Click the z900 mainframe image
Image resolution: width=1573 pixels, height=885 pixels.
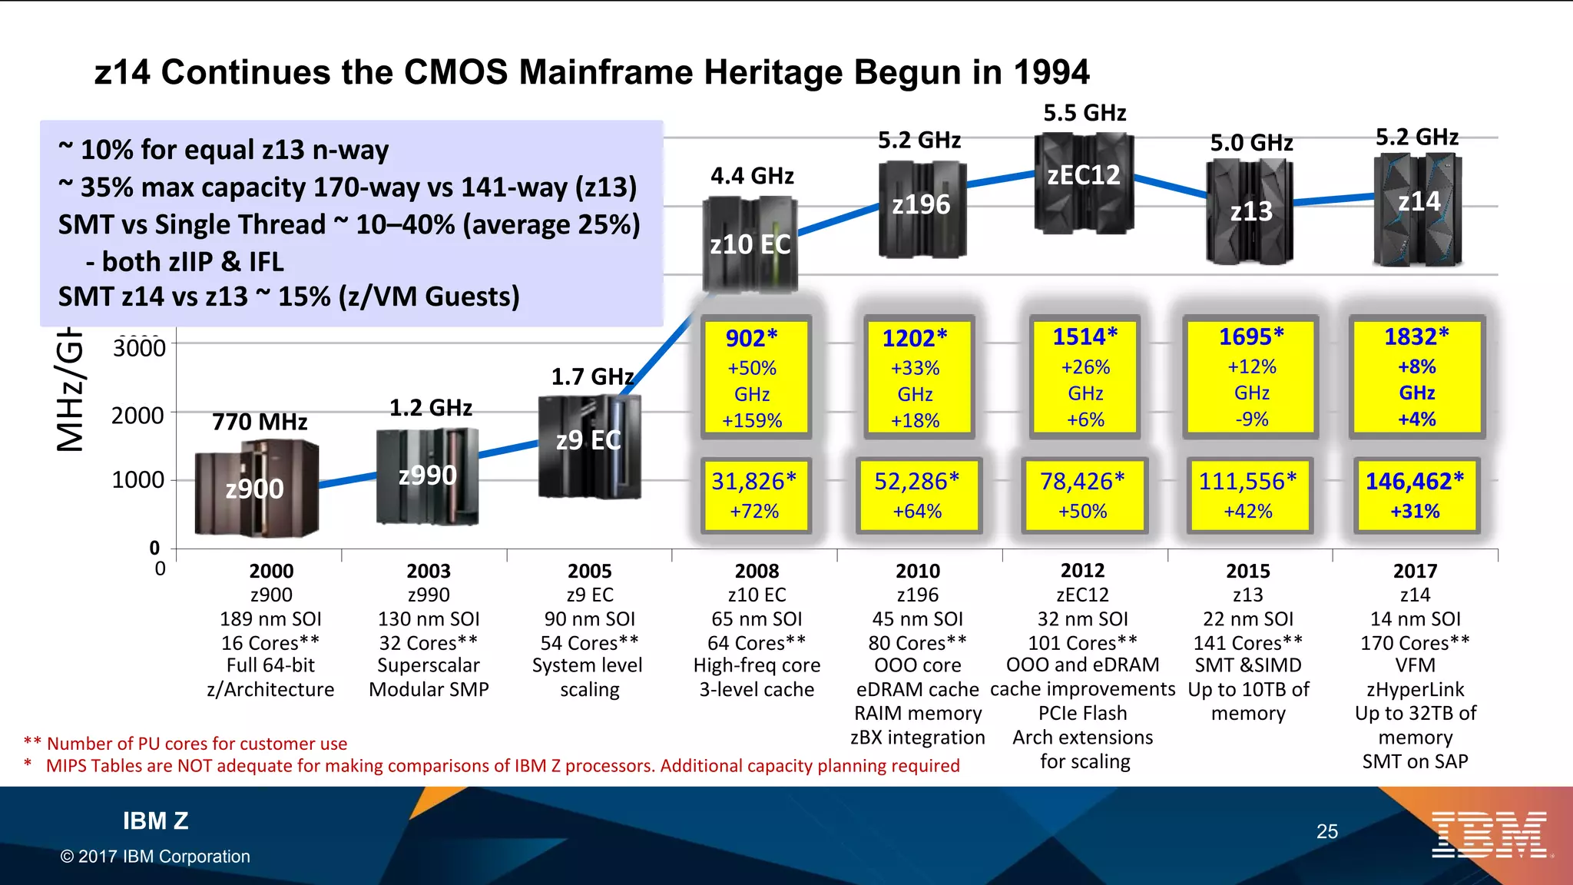coord(257,489)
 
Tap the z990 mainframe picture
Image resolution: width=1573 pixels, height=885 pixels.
coord(428,476)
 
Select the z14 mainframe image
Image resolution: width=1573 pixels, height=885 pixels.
coord(1418,209)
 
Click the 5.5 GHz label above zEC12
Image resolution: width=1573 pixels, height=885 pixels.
coord(1085,114)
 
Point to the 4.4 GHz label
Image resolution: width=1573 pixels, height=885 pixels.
coord(752,176)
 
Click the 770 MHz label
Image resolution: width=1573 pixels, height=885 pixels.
coord(260,422)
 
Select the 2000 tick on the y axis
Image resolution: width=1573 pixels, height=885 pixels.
coord(138,416)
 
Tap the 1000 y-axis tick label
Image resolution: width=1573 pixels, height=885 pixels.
coord(138,480)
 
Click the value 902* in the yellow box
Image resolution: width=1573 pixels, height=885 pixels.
coord(752,338)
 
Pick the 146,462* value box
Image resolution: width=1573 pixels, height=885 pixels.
coord(1415,495)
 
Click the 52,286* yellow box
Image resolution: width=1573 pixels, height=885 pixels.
coord(917,495)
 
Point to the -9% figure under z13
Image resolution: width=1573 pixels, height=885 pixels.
coord(1252,419)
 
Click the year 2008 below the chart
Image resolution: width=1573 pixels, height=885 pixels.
coord(757,571)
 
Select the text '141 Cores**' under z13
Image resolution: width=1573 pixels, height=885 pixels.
coord(1248,643)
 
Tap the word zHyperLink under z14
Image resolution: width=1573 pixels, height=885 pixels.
coord(1415,690)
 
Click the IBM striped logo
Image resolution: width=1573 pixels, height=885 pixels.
coord(1489,834)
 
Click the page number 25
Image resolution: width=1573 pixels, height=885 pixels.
coord(1326,831)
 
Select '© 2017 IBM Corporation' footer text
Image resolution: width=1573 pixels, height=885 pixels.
coord(155,857)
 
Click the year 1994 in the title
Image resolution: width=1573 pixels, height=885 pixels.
coord(1051,73)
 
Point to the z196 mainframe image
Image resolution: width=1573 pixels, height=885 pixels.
coord(921,207)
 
